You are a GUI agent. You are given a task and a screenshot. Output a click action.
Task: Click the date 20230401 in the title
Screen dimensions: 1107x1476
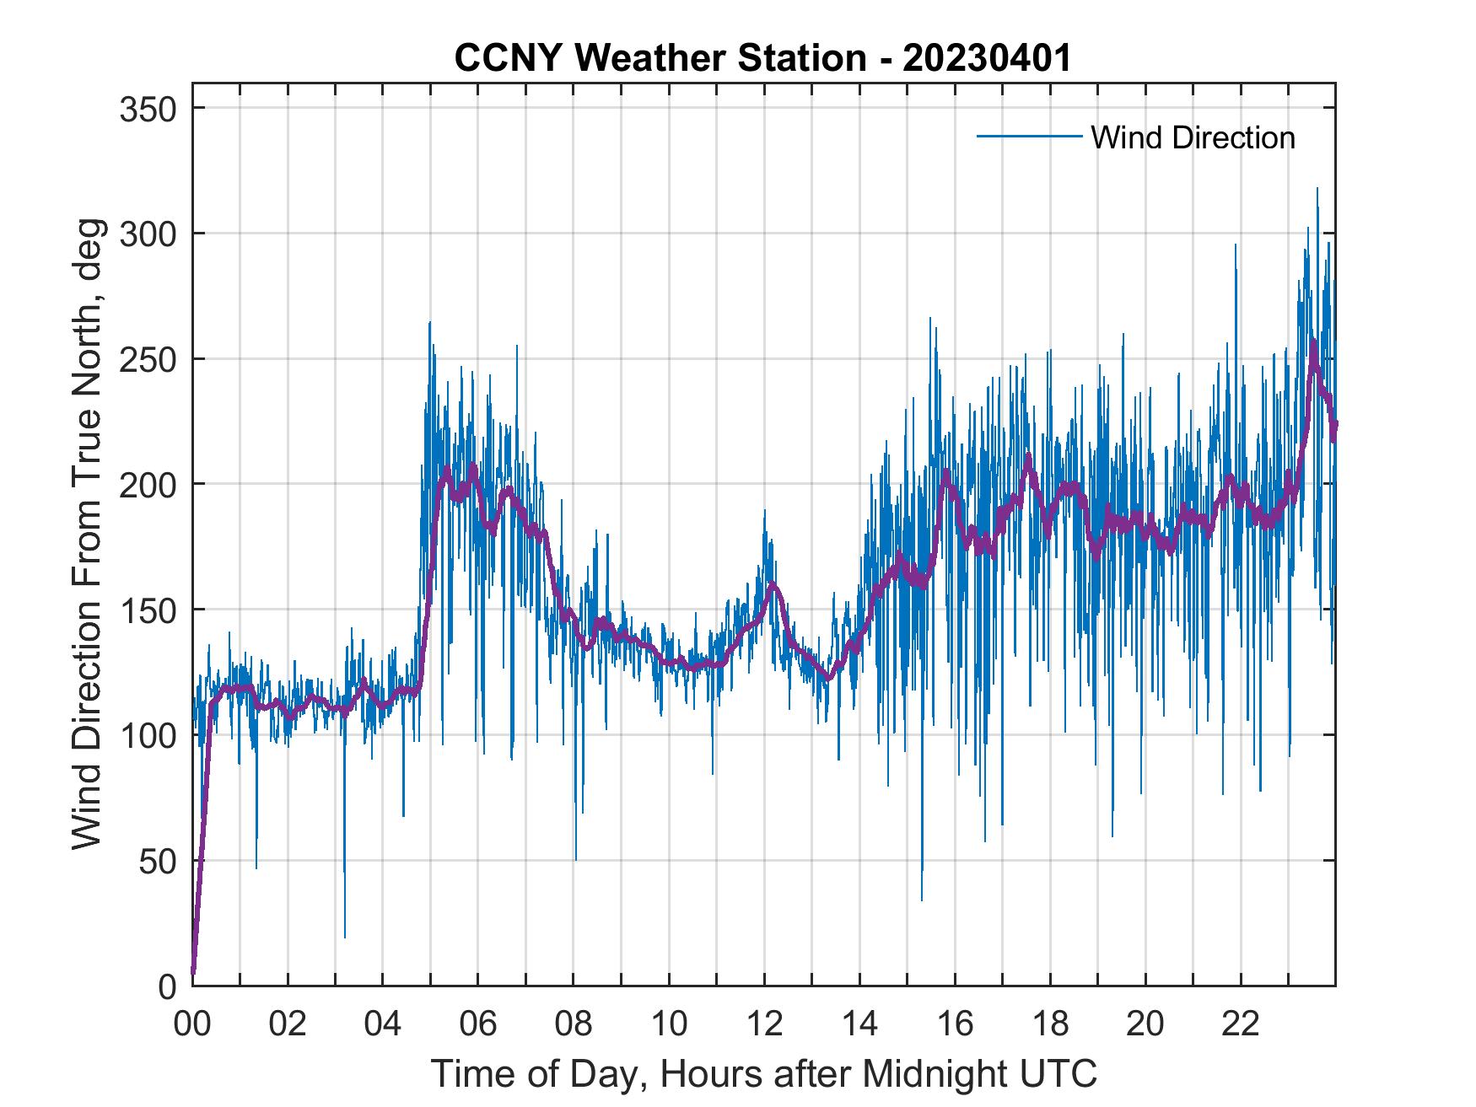click(x=987, y=58)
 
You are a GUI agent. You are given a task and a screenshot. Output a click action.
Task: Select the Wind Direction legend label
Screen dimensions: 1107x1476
click(x=1193, y=137)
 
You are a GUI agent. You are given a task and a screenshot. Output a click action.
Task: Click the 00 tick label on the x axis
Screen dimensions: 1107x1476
click(x=192, y=1024)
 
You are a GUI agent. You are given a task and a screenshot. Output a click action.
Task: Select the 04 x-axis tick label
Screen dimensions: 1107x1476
click(x=383, y=1024)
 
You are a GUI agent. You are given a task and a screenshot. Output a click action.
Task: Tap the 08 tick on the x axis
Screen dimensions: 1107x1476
click(x=574, y=1024)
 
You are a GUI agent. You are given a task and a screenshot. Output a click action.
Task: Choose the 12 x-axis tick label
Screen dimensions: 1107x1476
click(x=764, y=1024)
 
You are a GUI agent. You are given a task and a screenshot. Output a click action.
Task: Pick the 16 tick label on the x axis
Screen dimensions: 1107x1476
click(x=955, y=1024)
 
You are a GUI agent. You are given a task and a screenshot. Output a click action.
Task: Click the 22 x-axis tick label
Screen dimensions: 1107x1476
click(x=1241, y=1024)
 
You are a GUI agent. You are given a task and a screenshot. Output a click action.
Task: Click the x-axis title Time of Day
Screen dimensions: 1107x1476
click(x=763, y=1073)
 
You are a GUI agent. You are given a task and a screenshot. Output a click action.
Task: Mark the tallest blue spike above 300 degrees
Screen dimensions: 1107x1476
click(x=1317, y=190)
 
